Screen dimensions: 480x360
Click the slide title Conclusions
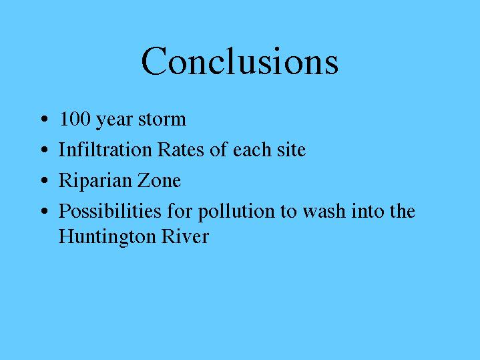pyautogui.click(x=240, y=61)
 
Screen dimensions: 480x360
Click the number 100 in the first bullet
pyautogui.click(x=75, y=119)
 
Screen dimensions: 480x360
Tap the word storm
pyautogui.click(x=162, y=120)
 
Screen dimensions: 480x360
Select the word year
pyautogui.click(x=114, y=121)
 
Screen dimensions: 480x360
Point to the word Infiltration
pyautogui.click(x=105, y=149)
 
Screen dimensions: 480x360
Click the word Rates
pyautogui.click(x=181, y=149)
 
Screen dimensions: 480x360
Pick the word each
pyautogui.click(x=252, y=149)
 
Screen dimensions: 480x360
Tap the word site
pyautogui.click(x=292, y=150)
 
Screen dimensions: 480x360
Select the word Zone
pyautogui.click(x=159, y=180)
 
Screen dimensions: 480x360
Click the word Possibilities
pyautogui.click(x=110, y=210)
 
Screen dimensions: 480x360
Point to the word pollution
pyautogui.click(x=236, y=212)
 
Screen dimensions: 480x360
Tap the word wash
pyautogui.click(x=324, y=211)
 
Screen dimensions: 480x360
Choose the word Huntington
pyautogui.click(x=107, y=238)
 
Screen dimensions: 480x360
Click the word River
pyautogui.click(x=185, y=236)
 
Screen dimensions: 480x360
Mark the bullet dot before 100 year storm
pyautogui.click(x=44, y=119)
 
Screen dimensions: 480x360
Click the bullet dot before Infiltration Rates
pyautogui.click(x=44, y=150)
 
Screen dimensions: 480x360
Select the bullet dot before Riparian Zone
pyautogui.click(x=44, y=180)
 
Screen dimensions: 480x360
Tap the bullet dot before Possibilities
pyautogui.click(x=44, y=211)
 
